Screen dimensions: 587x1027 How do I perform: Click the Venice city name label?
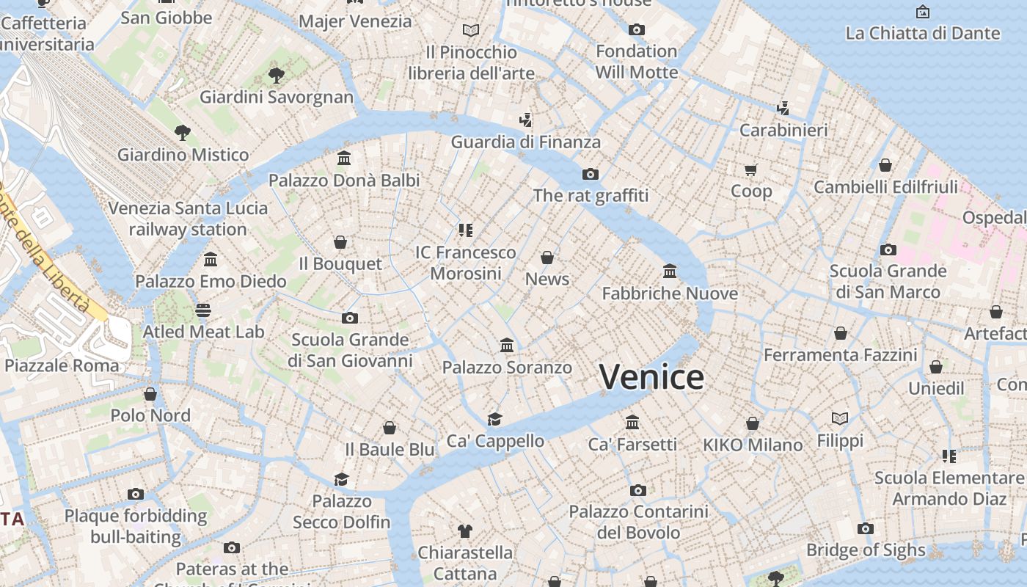click(651, 377)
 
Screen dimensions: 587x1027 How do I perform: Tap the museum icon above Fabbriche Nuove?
click(670, 271)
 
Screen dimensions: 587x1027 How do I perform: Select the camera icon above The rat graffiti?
click(591, 174)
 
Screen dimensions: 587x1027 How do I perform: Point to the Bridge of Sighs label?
click(866, 550)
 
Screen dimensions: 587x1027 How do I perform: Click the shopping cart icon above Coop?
click(750, 170)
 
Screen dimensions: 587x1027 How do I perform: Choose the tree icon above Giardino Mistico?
click(183, 133)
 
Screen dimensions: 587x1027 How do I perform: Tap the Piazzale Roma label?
click(62, 365)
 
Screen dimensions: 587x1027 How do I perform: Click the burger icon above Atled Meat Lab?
click(203, 310)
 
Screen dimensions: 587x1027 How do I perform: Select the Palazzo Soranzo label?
click(507, 367)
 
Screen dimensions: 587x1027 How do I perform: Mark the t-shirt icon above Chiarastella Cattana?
click(465, 531)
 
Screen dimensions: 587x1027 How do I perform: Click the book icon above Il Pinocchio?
click(471, 31)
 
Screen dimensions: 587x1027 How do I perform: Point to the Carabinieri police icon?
click(783, 109)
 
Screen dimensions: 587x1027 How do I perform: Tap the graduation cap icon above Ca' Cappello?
click(495, 419)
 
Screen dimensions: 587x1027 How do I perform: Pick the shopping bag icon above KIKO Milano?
click(753, 423)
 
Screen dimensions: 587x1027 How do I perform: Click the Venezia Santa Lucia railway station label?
click(188, 219)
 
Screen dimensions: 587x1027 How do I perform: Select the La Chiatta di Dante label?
click(922, 33)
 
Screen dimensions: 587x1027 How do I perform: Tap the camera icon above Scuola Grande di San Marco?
click(888, 249)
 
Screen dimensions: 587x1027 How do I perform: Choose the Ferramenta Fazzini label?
click(840, 355)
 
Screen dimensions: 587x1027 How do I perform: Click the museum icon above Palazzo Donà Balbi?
click(344, 158)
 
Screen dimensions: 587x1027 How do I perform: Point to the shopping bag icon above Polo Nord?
click(150, 394)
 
